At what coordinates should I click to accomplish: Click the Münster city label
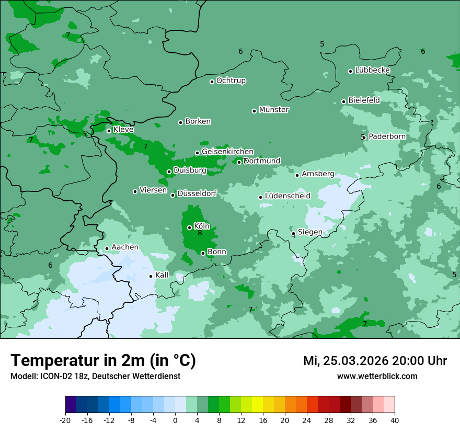coord(274,110)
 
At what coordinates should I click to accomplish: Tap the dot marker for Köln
coord(189,227)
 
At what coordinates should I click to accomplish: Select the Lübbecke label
coord(372,70)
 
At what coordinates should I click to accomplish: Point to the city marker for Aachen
coord(107,249)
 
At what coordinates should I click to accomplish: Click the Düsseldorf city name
coord(197,193)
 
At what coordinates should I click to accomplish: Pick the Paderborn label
coord(387,136)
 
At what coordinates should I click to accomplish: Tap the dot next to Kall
coord(151,276)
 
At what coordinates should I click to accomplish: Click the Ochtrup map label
coord(231,81)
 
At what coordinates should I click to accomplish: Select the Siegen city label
coord(310,232)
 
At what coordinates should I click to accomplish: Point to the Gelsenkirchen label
coord(227,152)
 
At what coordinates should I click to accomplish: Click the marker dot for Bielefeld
coord(343,101)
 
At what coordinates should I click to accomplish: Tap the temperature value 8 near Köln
coord(200,233)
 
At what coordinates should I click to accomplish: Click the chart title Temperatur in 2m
coord(103,361)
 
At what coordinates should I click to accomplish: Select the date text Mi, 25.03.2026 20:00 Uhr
coord(375,361)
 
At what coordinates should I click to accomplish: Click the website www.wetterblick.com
coord(377,376)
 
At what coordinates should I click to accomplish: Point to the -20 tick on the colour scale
coord(65,420)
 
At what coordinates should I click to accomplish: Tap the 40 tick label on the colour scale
coord(394,420)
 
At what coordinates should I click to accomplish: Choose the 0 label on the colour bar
coord(175,420)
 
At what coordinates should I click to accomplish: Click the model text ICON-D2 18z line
coord(95,376)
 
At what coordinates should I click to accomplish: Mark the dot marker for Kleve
coord(109,131)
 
